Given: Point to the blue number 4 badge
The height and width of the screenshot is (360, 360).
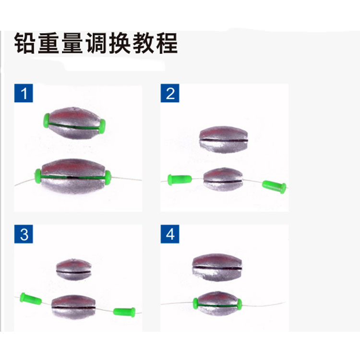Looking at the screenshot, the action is point(170,234).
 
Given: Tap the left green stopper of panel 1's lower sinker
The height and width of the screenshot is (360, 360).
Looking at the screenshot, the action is point(38,176).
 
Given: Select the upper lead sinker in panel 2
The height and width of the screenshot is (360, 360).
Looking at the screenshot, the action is point(224,139).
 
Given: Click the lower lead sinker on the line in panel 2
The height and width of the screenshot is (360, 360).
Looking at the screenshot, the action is point(222,179).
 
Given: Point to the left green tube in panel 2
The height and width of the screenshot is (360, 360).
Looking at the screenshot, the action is point(180,180).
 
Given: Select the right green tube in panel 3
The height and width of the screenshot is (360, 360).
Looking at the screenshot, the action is point(125,312).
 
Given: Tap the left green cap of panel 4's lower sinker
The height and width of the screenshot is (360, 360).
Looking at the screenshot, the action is point(196,302).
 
